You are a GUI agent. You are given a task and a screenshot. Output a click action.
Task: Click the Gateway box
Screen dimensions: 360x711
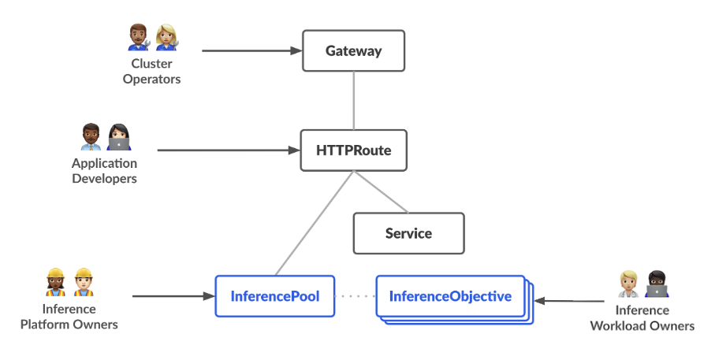click(x=353, y=51)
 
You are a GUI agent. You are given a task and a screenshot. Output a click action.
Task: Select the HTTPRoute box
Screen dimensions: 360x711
click(x=353, y=150)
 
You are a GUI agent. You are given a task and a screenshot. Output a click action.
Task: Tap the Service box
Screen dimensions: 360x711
click(x=408, y=233)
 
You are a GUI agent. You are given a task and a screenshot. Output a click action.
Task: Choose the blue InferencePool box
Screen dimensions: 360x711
click(x=275, y=296)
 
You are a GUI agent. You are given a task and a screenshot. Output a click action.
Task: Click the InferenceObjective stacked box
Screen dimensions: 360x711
click(x=450, y=297)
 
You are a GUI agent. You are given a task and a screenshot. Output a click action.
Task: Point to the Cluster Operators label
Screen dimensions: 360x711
click(x=151, y=72)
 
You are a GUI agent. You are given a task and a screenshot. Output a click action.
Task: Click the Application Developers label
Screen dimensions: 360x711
click(x=104, y=171)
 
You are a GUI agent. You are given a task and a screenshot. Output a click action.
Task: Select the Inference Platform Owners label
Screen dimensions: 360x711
click(x=69, y=317)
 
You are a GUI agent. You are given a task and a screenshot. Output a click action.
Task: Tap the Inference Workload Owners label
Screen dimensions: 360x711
click(x=642, y=318)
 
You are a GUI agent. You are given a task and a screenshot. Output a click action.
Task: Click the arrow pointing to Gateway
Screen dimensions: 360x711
click(x=252, y=51)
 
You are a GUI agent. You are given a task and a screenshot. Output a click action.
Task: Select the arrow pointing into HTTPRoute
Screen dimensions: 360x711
click(x=229, y=150)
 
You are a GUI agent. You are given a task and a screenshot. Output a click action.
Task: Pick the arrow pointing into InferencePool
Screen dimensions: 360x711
click(x=173, y=296)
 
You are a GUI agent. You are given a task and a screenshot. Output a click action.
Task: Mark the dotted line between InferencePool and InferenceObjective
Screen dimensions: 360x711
click(x=355, y=297)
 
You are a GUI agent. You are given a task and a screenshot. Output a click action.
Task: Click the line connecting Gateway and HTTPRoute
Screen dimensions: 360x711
click(x=353, y=101)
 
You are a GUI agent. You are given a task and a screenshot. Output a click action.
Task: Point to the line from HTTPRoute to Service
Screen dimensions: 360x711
click(x=381, y=191)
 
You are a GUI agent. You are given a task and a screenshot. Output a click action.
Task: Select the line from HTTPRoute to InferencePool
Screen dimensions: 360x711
click(x=313, y=223)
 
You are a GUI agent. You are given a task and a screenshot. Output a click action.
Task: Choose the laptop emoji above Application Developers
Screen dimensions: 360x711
click(x=118, y=137)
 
